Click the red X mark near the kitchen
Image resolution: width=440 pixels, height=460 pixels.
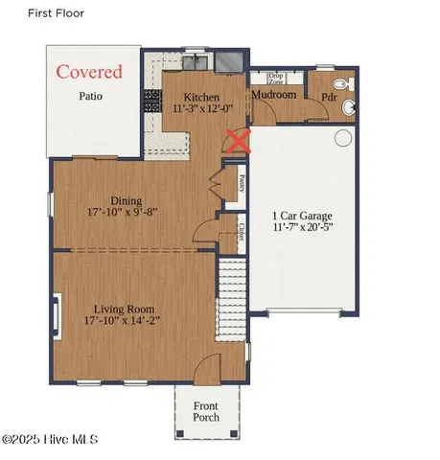[237, 141]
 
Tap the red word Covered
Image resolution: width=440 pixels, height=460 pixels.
[89, 72]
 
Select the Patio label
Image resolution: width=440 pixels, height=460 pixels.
[90, 96]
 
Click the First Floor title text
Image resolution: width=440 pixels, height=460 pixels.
[56, 13]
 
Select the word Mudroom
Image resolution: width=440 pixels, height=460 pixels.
[273, 95]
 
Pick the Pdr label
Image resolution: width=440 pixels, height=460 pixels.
[327, 97]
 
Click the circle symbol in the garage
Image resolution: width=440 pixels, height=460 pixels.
[342, 138]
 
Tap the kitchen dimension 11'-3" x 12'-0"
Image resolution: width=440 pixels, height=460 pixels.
[202, 110]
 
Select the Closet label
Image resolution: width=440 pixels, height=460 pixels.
[241, 234]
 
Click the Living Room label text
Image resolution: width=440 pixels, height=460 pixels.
[126, 310]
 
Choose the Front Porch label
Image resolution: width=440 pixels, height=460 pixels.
[206, 411]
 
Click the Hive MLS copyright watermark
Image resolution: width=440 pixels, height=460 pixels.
[50, 440]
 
